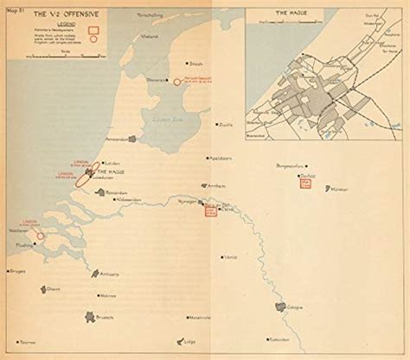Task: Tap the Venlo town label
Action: pos(230,257)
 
